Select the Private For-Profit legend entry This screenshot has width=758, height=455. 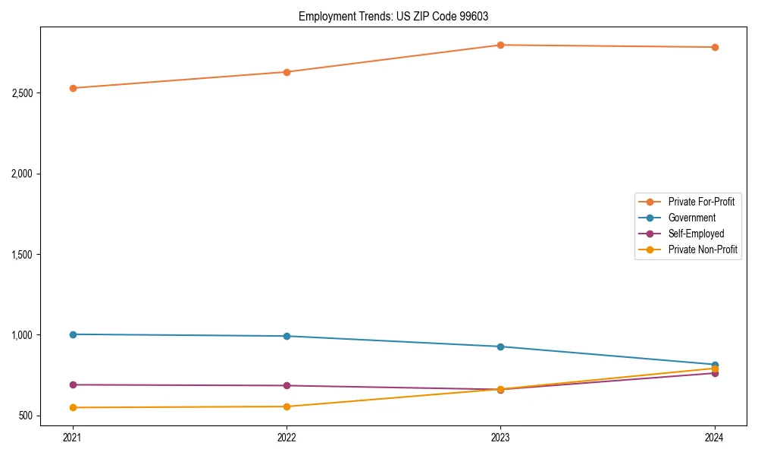701,202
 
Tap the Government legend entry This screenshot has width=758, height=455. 691,218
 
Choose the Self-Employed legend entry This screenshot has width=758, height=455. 696,234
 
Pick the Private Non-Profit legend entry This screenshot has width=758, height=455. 703,249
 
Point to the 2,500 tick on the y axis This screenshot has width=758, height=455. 20,93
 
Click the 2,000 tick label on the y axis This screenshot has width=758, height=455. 20,174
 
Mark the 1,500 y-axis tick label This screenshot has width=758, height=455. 20,255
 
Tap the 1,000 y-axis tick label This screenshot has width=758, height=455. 20,335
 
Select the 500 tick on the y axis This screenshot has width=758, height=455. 25,416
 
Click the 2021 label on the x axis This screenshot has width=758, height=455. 73,438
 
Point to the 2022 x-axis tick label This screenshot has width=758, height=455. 287,438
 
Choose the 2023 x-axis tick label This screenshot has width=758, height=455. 500,438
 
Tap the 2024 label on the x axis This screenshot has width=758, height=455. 714,438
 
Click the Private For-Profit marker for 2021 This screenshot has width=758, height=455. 73,88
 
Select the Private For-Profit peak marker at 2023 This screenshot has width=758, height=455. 500,45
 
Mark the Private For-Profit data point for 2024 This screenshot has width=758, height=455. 714,47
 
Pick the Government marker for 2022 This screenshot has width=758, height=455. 287,336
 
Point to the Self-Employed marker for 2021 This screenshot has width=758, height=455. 73,384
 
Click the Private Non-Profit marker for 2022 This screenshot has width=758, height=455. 287,406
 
